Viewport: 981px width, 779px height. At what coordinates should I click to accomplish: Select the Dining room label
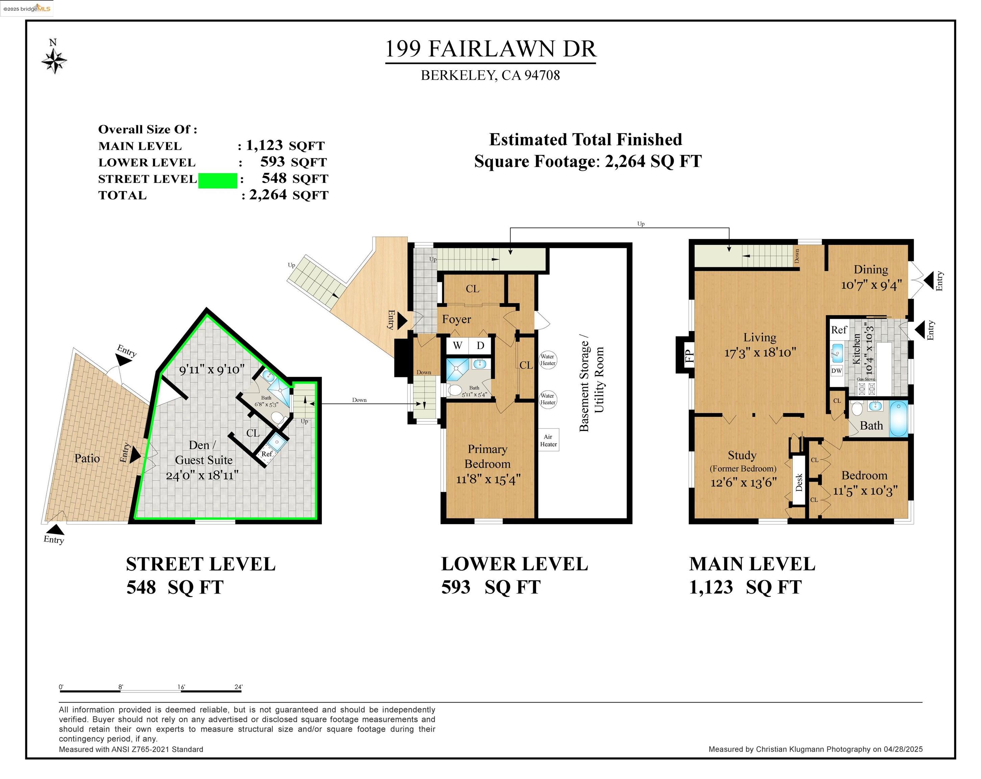pyautogui.click(x=870, y=270)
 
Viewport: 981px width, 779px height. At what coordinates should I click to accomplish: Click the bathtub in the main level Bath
pyautogui.click(x=898, y=419)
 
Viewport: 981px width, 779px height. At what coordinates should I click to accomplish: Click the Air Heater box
pyautogui.click(x=548, y=440)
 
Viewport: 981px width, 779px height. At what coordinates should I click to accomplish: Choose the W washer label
pyautogui.click(x=458, y=345)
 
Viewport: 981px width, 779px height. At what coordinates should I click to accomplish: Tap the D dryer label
pyautogui.click(x=480, y=345)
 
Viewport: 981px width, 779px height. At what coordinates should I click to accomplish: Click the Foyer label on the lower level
pyautogui.click(x=456, y=320)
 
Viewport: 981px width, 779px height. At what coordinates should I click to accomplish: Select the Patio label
pyautogui.click(x=87, y=458)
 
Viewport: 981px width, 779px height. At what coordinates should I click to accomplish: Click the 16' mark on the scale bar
pyautogui.click(x=181, y=687)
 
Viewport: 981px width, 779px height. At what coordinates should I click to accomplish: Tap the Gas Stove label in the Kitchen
pyautogui.click(x=866, y=379)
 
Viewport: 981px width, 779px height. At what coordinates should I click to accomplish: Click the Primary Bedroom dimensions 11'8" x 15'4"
pyautogui.click(x=488, y=479)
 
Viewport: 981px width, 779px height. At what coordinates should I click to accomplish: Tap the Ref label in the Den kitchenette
pyautogui.click(x=267, y=454)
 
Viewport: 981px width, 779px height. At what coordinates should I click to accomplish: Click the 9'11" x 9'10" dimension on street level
pyautogui.click(x=212, y=370)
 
